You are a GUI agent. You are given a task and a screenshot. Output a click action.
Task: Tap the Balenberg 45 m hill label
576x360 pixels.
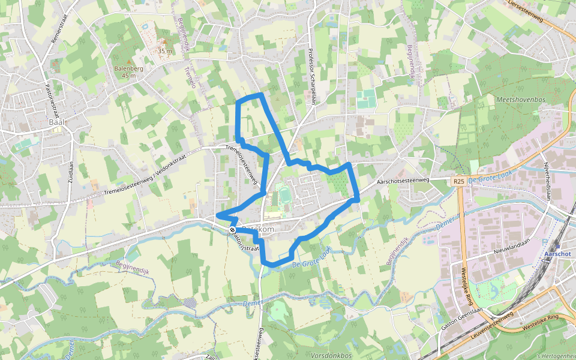click(x=128, y=72)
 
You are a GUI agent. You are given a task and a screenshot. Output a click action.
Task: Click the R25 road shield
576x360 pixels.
click(x=459, y=181)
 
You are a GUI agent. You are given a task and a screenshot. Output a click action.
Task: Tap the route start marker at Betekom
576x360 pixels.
click(x=232, y=230)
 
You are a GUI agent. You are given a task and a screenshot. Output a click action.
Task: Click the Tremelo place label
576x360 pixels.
click(x=191, y=77)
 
